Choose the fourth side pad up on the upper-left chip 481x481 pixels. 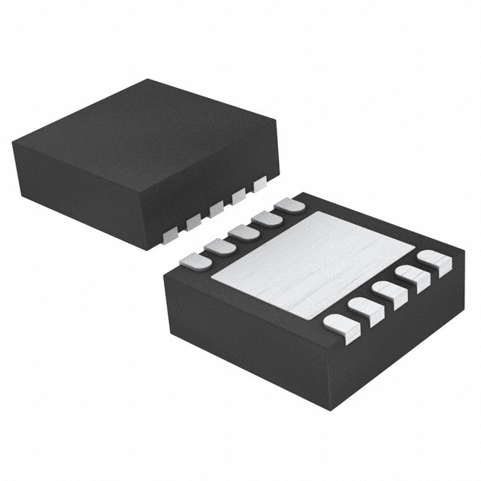pyautogui.click(x=238, y=196)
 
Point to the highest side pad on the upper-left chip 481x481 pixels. pyautogui.click(x=260, y=183)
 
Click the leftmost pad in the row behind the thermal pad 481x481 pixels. pyautogui.click(x=195, y=260)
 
